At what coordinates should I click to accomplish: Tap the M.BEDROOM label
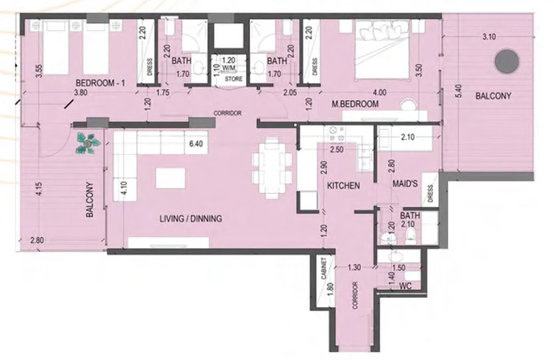click(x=355, y=104)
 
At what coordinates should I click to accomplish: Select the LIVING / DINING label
click(x=190, y=218)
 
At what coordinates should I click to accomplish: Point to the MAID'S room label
click(x=406, y=185)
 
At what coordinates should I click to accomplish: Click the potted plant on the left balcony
click(x=88, y=143)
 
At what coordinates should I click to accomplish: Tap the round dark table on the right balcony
click(x=507, y=60)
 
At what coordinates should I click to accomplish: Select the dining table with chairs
click(x=272, y=167)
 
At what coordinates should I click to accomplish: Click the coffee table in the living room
click(x=171, y=178)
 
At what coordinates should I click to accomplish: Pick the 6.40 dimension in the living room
click(x=196, y=144)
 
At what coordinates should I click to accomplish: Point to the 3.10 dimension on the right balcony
click(x=490, y=37)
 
